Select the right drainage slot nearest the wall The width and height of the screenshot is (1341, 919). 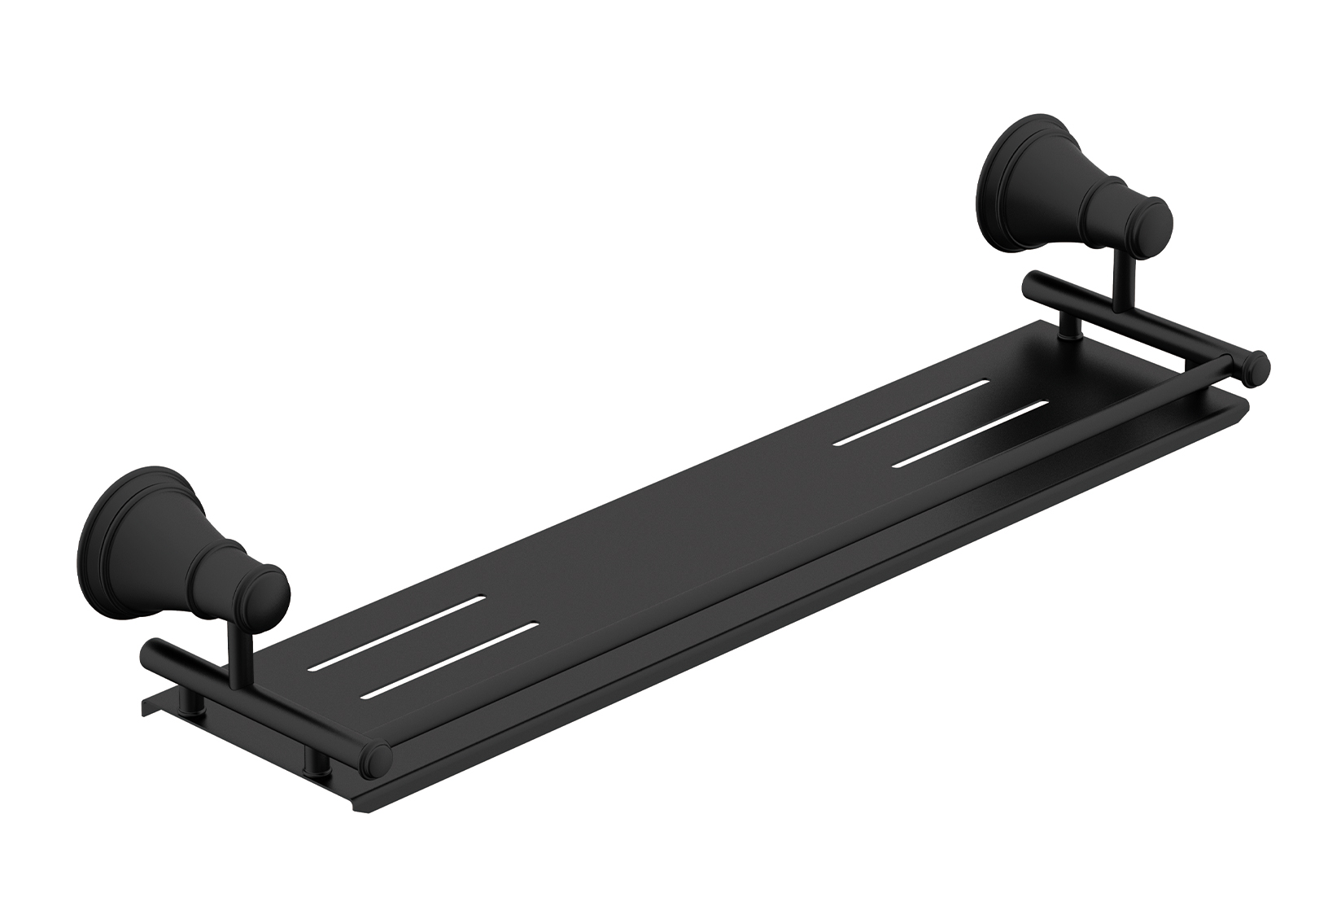pyautogui.click(x=912, y=411)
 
